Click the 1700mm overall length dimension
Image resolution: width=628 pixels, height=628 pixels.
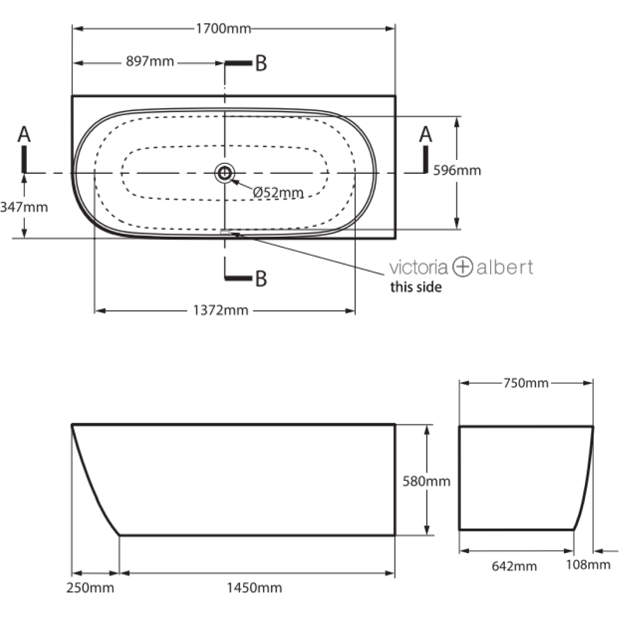point(223,29)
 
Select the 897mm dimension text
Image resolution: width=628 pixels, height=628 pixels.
point(150,62)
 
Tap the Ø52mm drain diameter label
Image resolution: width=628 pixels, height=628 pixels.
point(278,192)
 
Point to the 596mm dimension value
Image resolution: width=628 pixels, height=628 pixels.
point(457,170)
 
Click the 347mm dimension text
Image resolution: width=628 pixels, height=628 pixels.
point(24,207)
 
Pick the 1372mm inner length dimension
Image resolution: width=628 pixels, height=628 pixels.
point(221,311)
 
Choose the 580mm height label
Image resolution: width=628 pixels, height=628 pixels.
point(426,481)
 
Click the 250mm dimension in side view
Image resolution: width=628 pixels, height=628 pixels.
point(90,588)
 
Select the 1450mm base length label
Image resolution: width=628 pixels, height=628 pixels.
point(254,588)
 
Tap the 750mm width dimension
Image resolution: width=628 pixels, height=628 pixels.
point(526,383)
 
